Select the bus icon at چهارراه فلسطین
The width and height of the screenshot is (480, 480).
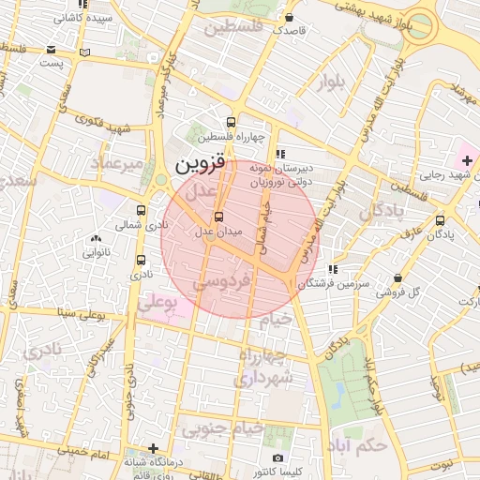point(231,122)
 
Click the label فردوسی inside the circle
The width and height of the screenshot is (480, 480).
point(226,281)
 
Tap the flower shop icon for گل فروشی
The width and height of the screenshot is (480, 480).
point(400,278)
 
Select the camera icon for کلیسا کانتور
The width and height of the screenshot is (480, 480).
point(278,457)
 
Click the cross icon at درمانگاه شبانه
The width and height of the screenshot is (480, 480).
point(153,448)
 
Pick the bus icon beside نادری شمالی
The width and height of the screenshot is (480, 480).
point(141,211)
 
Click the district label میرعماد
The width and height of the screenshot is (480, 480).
point(117,165)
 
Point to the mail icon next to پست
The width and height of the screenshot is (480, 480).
point(85,53)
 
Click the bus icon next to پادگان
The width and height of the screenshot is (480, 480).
point(441,220)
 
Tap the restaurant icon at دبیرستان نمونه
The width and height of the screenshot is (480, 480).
point(278,154)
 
